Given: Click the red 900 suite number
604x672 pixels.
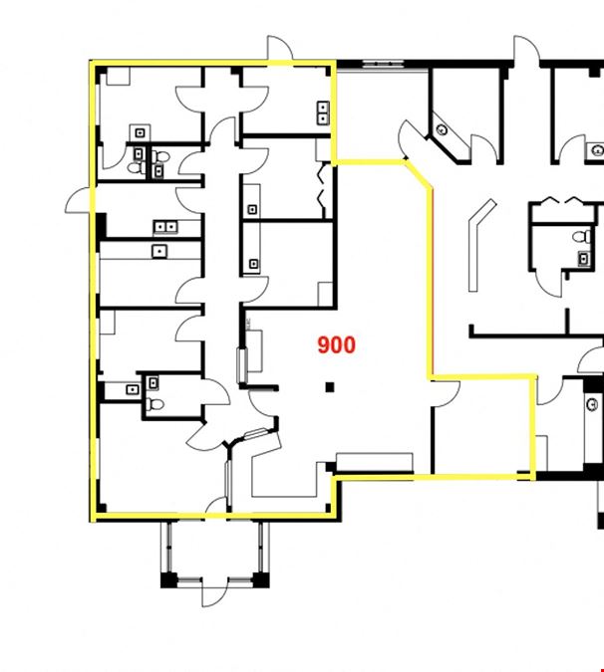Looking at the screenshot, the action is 337,345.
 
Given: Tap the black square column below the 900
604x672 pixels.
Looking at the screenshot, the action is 330,387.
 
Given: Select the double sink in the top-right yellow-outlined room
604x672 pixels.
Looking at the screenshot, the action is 323,112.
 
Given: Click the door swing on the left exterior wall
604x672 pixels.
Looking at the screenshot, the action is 80,200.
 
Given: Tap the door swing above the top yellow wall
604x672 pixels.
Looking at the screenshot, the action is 280,48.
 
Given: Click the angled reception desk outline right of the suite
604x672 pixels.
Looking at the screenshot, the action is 480,244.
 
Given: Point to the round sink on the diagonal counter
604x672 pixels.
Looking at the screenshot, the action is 442,129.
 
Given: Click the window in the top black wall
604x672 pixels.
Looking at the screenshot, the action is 384,65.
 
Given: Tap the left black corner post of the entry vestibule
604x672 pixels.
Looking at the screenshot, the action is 168,579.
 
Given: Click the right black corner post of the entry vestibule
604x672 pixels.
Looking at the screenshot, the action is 261,579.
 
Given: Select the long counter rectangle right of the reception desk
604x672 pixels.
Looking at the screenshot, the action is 375,462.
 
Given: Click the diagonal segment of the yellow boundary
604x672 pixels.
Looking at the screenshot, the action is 419,173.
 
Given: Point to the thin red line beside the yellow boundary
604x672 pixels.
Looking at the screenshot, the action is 433,283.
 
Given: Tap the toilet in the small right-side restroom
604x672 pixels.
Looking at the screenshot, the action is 582,236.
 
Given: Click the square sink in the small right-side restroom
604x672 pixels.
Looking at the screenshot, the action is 583,258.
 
